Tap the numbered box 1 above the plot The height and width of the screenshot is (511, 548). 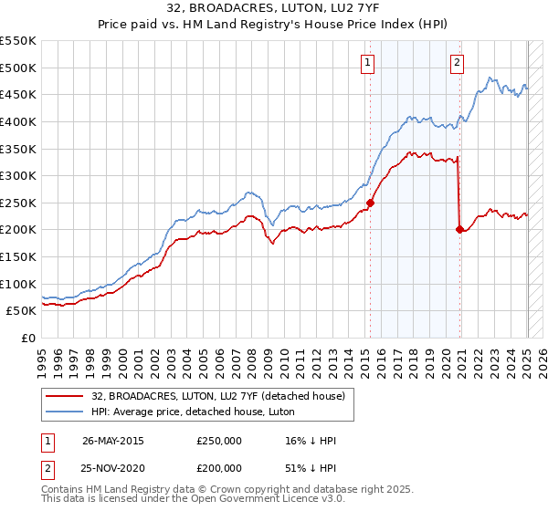click(366, 63)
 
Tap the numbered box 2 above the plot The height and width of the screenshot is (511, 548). click(456, 63)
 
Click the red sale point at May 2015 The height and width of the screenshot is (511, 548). click(370, 203)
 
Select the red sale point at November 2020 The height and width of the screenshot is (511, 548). click(459, 230)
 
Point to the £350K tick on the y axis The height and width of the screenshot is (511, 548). click(19, 149)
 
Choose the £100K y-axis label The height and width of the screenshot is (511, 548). click(19, 284)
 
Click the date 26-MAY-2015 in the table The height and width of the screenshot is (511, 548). click(112, 441)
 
